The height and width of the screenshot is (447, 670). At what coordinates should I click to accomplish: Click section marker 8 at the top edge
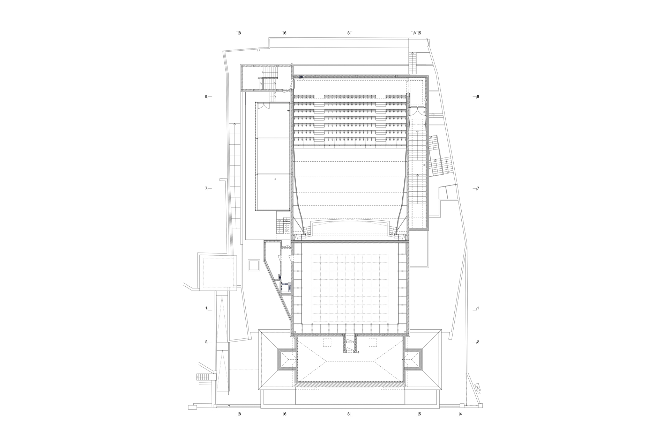(x=239, y=33)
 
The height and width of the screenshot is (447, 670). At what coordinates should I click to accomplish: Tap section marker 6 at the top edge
(x=284, y=33)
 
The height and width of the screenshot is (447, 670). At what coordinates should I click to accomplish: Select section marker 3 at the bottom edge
(x=349, y=414)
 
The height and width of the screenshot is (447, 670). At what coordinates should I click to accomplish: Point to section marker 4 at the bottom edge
(x=460, y=414)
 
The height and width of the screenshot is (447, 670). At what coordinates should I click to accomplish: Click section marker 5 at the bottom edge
(x=419, y=414)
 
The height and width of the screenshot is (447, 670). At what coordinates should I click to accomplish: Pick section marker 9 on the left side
(x=208, y=97)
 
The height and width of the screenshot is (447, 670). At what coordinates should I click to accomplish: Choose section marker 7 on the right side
(x=477, y=189)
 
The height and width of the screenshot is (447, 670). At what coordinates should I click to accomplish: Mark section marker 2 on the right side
(x=477, y=342)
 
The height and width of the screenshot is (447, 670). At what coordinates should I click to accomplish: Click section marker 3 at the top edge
(x=349, y=33)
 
